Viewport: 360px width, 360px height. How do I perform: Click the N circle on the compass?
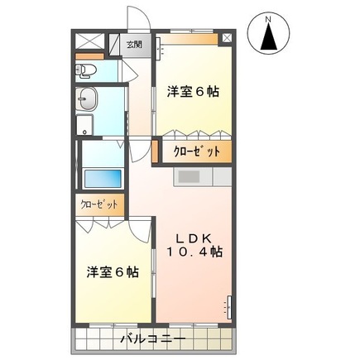(267, 17)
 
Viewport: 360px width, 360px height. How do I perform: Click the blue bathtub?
(103, 177)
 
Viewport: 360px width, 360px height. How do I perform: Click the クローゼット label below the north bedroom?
(196, 151)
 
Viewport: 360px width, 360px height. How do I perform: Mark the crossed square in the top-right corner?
(226, 38)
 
